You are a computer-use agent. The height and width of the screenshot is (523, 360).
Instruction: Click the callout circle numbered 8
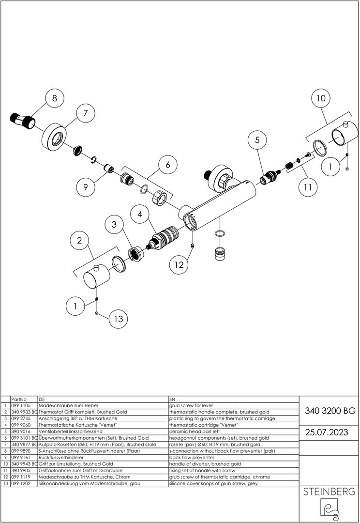pyautogui.click(x=54, y=98)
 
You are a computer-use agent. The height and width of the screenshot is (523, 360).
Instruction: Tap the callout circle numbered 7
pyautogui.click(x=85, y=113)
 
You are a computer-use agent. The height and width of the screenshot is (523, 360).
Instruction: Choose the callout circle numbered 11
pyautogui.click(x=308, y=187)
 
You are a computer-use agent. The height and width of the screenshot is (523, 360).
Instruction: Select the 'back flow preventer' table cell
pyautogui.click(x=189, y=457)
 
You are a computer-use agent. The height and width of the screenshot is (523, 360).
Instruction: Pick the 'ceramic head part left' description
pyautogui.click(x=193, y=431)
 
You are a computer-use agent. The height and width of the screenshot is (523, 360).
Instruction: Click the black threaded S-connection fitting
pyautogui.click(x=22, y=121)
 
